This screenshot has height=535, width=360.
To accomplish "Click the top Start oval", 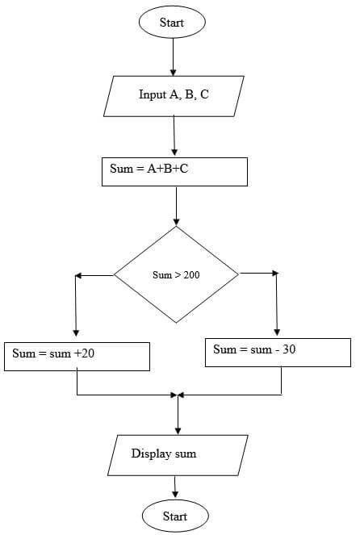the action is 172,22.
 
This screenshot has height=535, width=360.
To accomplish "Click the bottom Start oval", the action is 175,516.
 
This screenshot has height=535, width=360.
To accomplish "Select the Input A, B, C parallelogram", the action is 174,96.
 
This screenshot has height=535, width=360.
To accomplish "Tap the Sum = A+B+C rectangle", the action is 174,172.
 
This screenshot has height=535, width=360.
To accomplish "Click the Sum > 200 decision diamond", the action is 176,274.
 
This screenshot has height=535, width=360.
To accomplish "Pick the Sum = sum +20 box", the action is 77,357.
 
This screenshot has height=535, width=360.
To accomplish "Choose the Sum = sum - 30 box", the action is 278,353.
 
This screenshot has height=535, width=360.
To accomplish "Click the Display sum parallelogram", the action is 178,455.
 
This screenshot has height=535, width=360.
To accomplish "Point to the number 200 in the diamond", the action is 191,275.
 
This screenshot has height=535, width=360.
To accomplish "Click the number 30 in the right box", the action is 289,349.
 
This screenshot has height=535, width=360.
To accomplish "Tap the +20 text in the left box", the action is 84,353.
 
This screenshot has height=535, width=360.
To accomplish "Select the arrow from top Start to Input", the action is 173,57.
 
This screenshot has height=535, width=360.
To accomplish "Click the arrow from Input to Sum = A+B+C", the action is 174,136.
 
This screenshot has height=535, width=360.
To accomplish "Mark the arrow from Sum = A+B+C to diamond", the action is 176,207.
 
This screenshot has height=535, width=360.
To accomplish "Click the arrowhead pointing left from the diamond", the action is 77,275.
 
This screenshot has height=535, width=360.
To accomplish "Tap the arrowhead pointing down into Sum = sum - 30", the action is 277,332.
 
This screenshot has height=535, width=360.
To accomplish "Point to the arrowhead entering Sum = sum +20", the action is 76,333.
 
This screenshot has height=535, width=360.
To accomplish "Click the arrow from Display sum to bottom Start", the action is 175,487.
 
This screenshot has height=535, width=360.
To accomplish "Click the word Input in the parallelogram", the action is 153,95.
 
